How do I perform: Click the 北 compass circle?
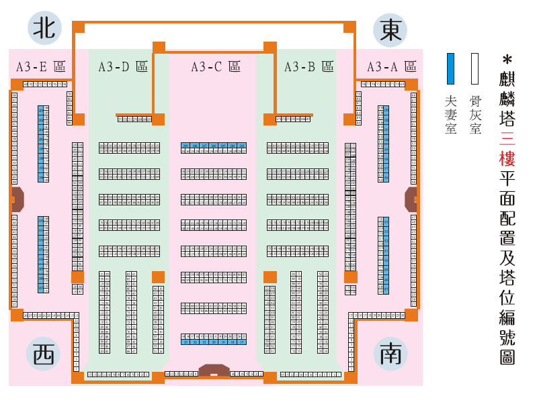pyautogui.click(x=44, y=28)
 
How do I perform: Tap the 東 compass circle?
pyautogui.click(x=390, y=30)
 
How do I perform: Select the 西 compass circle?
pyautogui.click(x=43, y=354)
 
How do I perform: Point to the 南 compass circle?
pyautogui.click(x=390, y=354)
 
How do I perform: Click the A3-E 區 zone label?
pyautogui.click(x=40, y=66)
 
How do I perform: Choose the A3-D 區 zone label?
pyautogui.click(x=122, y=66)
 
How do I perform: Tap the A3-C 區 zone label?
pyautogui.click(x=215, y=66)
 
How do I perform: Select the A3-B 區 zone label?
pyautogui.click(x=308, y=66)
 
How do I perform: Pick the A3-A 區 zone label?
pyautogui.click(x=391, y=66)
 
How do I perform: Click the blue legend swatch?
pyautogui.click(x=451, y=68)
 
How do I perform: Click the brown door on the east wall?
pyautogui.click(x=411, y=199)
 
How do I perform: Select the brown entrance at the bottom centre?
pyautogui.click(x=214, y=370)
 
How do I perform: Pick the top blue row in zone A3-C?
pyautogui.click(x=213, y=145)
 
